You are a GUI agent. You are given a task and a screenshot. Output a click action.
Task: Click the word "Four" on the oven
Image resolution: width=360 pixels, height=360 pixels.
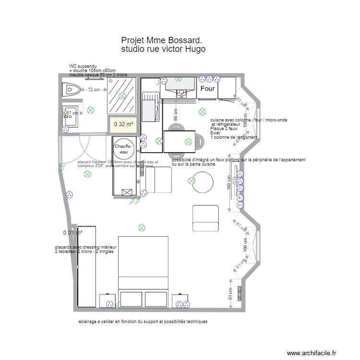(x=208, y=89)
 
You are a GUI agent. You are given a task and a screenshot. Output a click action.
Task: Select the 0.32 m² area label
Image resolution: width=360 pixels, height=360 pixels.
(x=123, y=124)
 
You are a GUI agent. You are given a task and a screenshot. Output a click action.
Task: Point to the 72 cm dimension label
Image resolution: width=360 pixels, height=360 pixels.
(x=94, y=90)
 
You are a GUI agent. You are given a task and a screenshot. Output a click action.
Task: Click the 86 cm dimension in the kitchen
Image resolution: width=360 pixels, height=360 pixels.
(x=176, y=115)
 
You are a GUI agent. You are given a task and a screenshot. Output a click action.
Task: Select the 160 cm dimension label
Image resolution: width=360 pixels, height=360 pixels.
(x=229, y=182)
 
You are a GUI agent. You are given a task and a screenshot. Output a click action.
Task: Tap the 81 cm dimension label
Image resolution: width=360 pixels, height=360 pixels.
(x=231, y=291)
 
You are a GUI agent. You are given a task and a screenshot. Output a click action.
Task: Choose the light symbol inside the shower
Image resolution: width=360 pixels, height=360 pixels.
(x=122, y=96)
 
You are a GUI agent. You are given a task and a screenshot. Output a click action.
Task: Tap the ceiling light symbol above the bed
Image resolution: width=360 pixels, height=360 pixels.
(x=142, y=227)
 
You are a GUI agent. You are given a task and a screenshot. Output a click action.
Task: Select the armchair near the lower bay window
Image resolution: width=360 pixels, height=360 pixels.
(x=205, y=218)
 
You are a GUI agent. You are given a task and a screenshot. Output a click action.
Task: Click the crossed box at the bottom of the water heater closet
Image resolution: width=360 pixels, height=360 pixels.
(x=127, y=193)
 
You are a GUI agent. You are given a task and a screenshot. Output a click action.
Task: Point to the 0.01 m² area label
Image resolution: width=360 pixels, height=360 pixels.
(x=72, y=233)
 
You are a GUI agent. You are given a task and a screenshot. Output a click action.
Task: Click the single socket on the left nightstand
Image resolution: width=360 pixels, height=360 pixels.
(x=109, y=303)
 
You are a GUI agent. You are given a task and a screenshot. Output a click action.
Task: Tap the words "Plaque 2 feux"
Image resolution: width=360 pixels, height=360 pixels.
(x=224, y=129)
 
